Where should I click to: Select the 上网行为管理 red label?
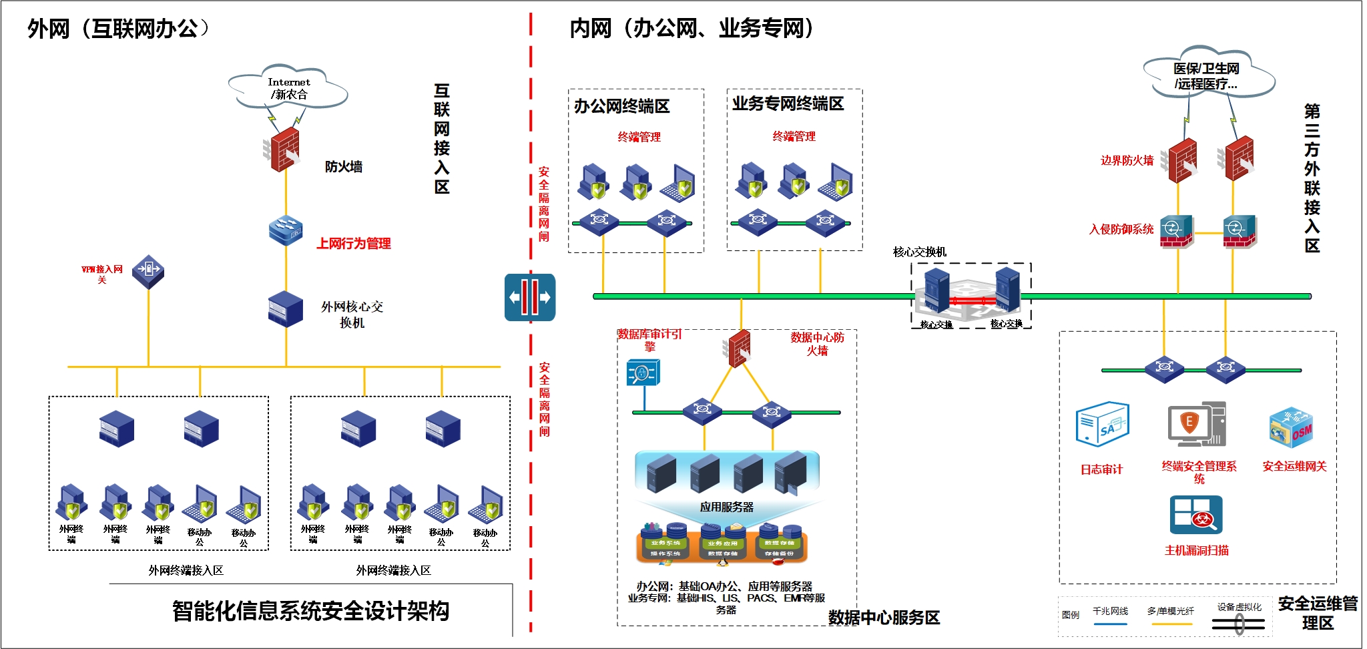click(x=353, y=244)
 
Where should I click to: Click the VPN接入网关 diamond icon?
click(x=148, y=270)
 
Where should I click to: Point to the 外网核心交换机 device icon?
click(x=286, y=308)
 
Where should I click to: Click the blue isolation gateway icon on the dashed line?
click(x=530, y=298)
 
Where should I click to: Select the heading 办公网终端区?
click(x=621, y=106)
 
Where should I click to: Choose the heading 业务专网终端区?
click(x=788, y=103)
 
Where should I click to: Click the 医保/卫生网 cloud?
click(x=1207, y=75)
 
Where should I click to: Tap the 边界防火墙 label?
click(x=1127, y=161)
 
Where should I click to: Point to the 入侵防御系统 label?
click(x=1121, y=230)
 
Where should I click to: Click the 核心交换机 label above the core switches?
click(x=919, y=252)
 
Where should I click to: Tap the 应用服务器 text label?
click(x=726, y=507)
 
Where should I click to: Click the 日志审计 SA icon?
click(x=1102, y=424)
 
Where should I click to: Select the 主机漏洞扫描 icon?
click(x=1195, y=515)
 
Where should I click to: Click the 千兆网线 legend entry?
click(x=1110, y=612)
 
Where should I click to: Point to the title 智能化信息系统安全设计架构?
click(x=310, y=611)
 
